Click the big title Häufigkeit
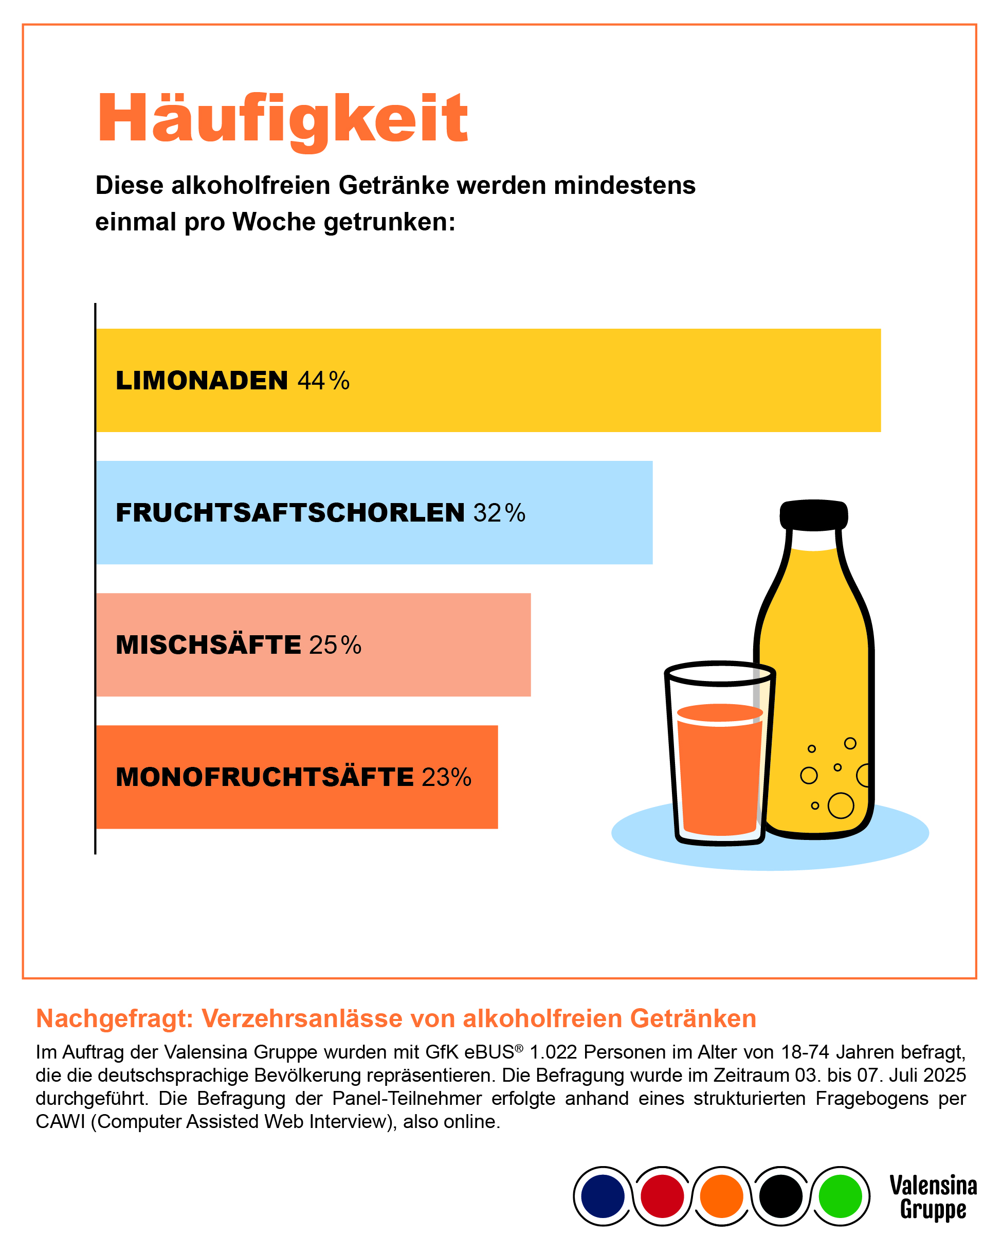tap(282, 119)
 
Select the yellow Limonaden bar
tap(581, 381)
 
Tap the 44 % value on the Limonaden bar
tap(323, 381)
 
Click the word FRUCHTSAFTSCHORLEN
tap(290, 513)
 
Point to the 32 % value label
tap(499, 513)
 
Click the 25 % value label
tap(335, 646)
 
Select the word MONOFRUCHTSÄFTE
tap(264, 778)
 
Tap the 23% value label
tap(446, 778)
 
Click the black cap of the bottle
tap(813, 515)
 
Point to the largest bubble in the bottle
tap(841, 805)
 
